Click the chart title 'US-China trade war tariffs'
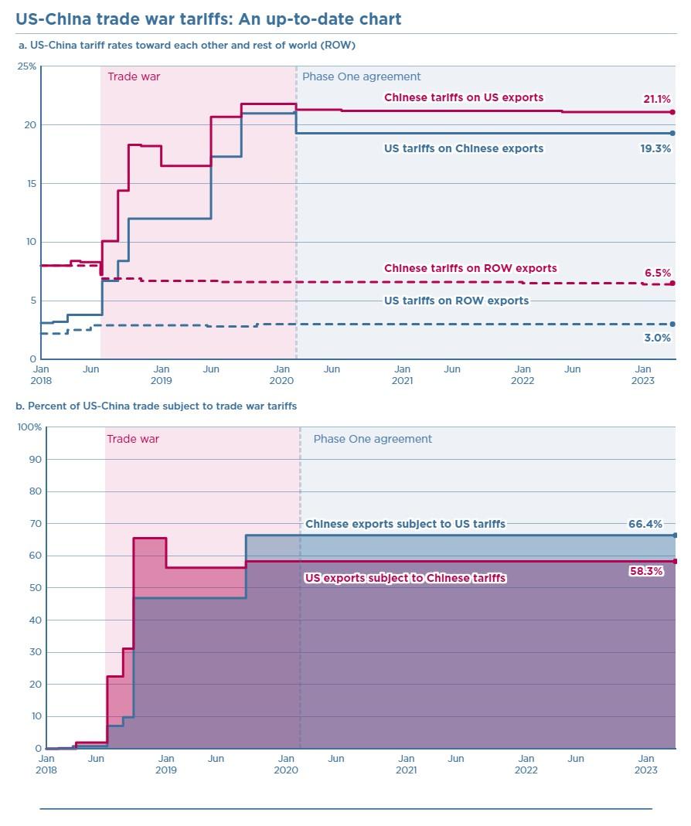point(209,19)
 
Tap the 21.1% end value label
point(657,99)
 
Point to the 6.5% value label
point(658,273)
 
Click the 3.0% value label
point(658,338)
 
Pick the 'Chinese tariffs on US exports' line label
point(464,97)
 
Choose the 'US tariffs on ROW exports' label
point(456,301)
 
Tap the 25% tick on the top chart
point(27,66)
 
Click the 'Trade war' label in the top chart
point(134,76)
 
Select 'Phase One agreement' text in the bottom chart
point(373,439)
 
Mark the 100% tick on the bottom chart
point(29,427)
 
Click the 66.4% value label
point(645,524)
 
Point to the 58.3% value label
point(646,572)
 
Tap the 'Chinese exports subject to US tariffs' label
point(405,524)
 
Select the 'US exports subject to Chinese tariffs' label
point(406,577)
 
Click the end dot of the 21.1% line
point(672,112)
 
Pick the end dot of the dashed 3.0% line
point(672,325)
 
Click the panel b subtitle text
point(156,406)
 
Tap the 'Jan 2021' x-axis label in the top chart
point(402,375)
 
